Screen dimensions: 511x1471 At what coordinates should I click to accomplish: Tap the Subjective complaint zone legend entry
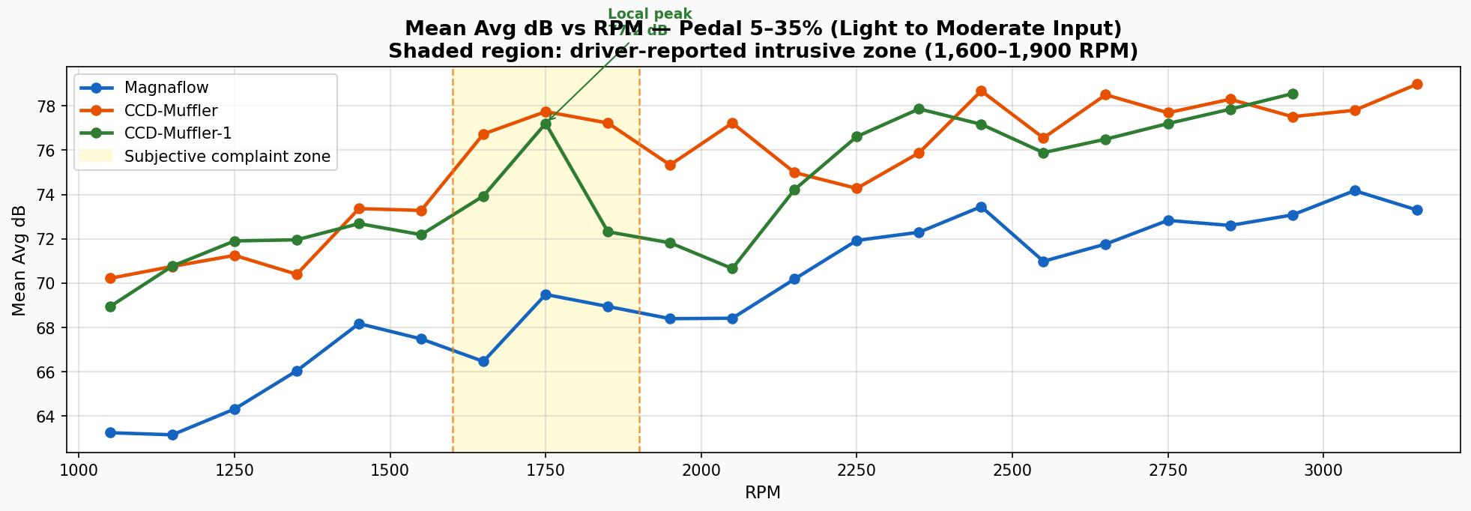pyautogui.click(x=227, y=157)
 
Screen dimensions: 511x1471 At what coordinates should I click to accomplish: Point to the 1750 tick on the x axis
pyautogui.click(x=546, y=453)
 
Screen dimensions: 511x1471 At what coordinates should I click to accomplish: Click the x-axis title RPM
pyautogui.click(x=762, y=493)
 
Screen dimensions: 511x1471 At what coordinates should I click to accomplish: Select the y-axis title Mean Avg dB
pyautogui.click(x=19, y=260)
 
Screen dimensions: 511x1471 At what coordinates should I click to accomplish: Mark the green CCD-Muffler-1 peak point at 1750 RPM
pyautogui.click(x=546, y=124)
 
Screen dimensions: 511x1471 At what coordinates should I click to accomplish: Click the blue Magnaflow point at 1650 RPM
pyautogui.click(x=483, y=361)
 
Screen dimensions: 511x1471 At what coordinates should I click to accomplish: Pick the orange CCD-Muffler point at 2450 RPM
pyautogui.click(x=981, y=91)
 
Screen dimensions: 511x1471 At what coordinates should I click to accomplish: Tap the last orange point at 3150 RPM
pyautogui.click(x=1417, y=85)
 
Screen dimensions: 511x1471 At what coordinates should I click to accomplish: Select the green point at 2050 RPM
pyautogui.click(x=732, y=268)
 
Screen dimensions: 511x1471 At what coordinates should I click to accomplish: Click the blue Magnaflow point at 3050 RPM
pyautogui.click(x=1355, y=191)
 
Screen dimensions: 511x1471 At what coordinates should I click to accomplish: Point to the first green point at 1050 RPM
pyautogui.click(x=110, y=306)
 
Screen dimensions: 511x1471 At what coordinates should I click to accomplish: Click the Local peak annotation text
pyautogui.click(x=649, y=14)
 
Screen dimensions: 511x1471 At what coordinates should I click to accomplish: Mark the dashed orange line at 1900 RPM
pyautogui.click(x=639, y=300)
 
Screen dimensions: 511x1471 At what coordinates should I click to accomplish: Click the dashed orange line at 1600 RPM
pyautogui.click(x=453, y=300)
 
